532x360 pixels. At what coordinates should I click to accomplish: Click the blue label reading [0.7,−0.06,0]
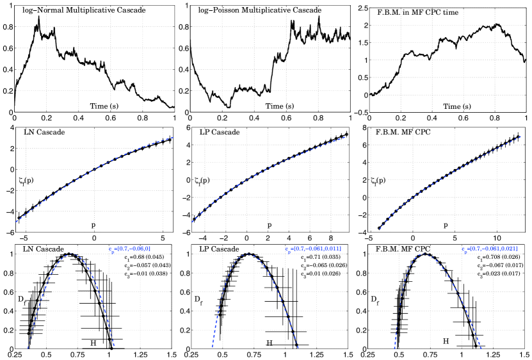[132, 249]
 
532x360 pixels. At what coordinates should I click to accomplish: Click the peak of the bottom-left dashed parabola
[71, 254]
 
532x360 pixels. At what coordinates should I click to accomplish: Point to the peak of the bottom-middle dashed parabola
[247, 254]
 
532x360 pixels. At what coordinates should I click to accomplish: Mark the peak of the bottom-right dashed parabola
[423, 254]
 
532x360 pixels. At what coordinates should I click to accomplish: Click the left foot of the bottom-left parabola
[28, 348]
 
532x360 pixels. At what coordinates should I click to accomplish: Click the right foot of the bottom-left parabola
[114, 347]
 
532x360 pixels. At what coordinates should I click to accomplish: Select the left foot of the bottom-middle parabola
[212, 348]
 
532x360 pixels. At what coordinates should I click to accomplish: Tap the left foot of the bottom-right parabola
[394, 348]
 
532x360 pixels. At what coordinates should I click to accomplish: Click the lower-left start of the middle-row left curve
[16, 222]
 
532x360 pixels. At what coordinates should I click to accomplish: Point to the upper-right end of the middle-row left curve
[173, 137]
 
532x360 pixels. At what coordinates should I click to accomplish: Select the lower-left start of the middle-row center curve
[191, 222]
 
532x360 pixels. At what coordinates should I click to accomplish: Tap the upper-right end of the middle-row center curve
[346, 136]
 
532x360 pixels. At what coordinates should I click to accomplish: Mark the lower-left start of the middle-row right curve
[379, 229]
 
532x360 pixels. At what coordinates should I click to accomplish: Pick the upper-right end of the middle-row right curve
[523, 136]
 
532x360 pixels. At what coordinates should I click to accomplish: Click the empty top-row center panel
[270, 58]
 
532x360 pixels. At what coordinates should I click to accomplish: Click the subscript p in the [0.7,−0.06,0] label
[113, 252]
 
